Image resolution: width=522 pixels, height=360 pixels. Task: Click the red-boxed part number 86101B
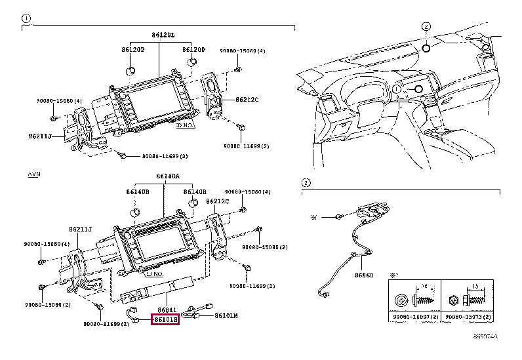tap(165, 320)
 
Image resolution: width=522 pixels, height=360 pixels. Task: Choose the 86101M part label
tap(226, 315)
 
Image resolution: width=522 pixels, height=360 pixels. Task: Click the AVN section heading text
tap(33, 175)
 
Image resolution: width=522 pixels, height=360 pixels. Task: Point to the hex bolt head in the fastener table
tap(454, 300)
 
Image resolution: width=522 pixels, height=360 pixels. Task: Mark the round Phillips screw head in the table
tap(401, 300)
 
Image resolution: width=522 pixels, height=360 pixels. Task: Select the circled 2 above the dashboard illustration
tap(426, 27)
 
